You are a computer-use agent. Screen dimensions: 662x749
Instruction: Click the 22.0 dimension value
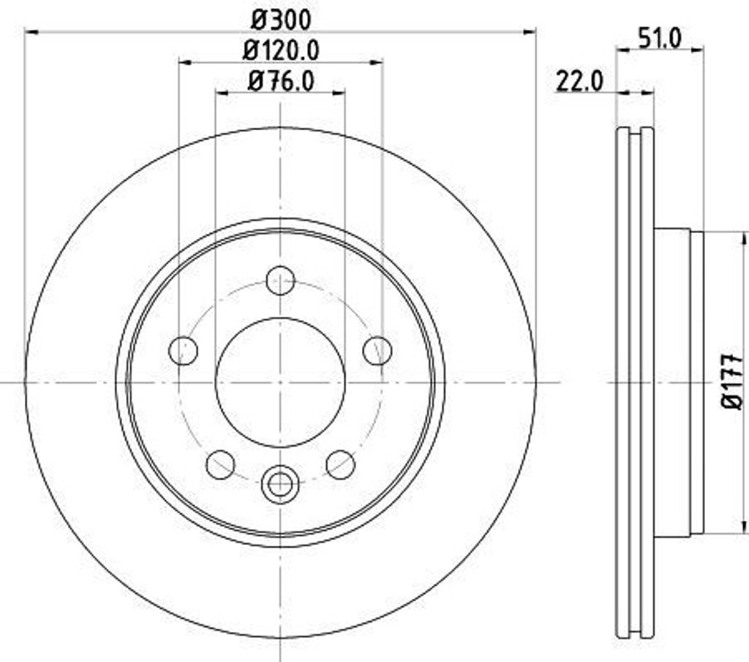(579, 80)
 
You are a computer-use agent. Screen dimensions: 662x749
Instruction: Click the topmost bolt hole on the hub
(280, 280)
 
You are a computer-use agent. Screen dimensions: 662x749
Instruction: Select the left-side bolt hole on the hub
(183, 350)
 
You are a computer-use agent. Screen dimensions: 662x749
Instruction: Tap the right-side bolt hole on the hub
(377, 350)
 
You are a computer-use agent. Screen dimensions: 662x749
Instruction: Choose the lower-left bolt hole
(220, 465)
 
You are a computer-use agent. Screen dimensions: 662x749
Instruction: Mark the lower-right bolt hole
(340, 465)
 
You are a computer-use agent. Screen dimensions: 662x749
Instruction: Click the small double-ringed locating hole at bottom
(280, 483)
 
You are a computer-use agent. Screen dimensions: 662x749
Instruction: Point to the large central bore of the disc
(280, 381)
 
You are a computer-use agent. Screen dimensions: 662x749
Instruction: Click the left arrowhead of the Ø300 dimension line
(31, 31)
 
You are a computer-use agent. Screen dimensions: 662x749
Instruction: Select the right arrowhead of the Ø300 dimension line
(530, 31)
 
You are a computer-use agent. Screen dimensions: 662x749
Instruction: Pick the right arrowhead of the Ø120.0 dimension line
(377, 63)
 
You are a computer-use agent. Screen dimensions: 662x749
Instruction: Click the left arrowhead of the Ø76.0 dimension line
(221, 92)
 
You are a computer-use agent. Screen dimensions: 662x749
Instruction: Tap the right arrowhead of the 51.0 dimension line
(698, 50)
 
